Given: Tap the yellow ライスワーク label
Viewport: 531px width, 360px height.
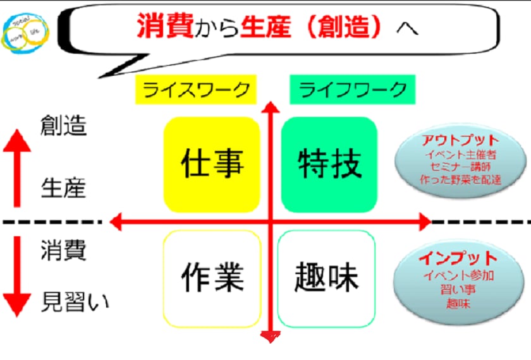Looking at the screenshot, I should pyautogui.click(x=197, y=90).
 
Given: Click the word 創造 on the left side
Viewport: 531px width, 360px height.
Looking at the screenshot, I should pyautogui.click(x=63, y=126).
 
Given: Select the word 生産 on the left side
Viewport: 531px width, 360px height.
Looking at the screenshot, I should pyautogui.click(x=63, y=188).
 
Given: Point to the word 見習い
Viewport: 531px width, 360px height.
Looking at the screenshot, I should pyautogui.click(x=75, y=302).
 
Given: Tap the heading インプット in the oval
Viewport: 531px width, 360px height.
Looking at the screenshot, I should pyautogui.click(x=459, y=259).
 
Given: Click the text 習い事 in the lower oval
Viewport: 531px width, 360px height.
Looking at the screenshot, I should pyautogui.click(x=459, y=289).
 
